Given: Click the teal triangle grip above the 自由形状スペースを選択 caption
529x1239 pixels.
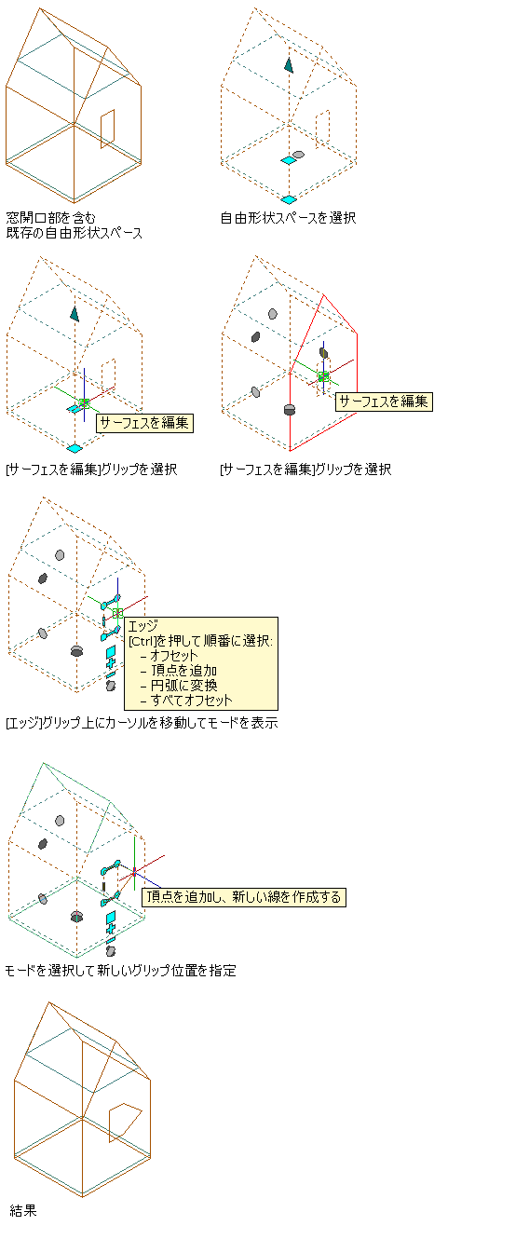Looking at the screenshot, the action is (289, 65).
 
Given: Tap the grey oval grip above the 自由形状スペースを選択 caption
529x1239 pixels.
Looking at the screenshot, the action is (299, 155).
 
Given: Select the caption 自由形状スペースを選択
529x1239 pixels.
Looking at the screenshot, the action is (288, 218).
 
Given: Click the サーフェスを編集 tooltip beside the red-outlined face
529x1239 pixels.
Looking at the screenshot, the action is (384, 402).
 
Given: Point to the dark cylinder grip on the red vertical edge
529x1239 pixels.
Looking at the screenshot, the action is (289, 409).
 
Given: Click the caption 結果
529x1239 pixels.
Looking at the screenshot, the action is (23, 1211).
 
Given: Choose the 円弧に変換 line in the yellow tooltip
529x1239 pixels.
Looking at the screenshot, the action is (183, 686).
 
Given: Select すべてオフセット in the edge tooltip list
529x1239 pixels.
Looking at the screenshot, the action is (186, 701).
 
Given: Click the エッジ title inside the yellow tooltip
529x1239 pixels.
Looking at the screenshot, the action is (143, 626).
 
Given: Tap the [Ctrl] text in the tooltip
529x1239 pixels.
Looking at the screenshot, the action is (142, 641).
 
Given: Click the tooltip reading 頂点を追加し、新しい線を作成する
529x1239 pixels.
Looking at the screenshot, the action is (244, 896).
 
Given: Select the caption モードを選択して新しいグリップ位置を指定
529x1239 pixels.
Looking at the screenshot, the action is (120, 971).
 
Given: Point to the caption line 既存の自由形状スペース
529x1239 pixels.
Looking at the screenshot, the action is (75, 233).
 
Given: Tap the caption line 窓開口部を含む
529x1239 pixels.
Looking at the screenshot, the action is (51, 218).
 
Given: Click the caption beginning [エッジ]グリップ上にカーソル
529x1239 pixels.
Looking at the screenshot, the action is (142, 723).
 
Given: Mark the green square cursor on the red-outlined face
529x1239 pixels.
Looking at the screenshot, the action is (323, 376).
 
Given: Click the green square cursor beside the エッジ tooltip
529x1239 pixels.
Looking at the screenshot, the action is (117, 613).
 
